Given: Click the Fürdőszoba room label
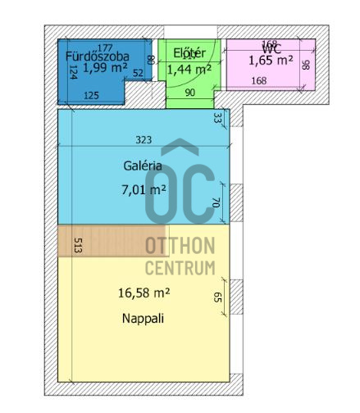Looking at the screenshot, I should (98, 57).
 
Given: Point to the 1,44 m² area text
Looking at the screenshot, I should (189, 69).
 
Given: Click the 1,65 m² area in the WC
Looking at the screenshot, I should (271, 60).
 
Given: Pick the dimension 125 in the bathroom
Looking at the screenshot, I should (92, 96).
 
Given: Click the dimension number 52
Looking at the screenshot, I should (138, 73).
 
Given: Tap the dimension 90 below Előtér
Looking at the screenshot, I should (190, 93).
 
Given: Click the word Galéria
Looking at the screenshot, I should (141, 165).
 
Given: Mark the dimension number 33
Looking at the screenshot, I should (217, 118).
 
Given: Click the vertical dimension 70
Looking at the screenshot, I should (216, 202).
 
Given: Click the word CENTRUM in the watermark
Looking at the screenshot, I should (180, 268).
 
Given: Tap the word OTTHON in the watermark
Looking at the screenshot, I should (180, 247).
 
